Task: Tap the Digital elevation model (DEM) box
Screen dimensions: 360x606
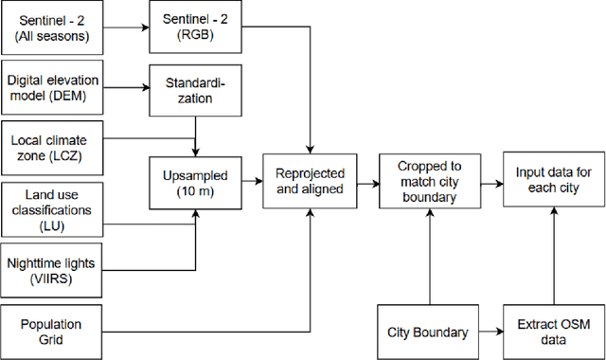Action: point(52,88)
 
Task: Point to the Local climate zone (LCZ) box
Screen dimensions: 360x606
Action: point(52,148)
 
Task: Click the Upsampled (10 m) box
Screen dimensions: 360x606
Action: point(194,174)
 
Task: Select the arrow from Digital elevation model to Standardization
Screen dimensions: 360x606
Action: point(126,89)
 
